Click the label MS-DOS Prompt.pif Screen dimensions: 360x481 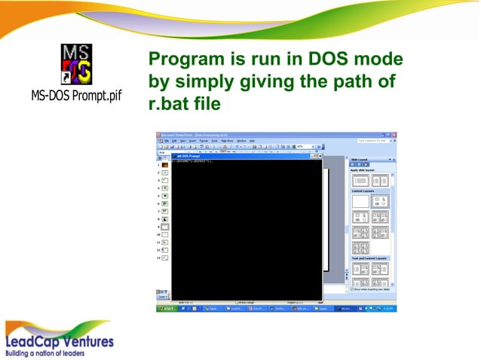pos(76,97)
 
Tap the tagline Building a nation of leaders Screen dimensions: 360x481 pos(45,352)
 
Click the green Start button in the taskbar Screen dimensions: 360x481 pos(165,308)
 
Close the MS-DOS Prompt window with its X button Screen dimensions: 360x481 pos(319,155)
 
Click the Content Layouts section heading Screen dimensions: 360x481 pos(365,190)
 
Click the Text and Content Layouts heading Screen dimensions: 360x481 pos(369,258)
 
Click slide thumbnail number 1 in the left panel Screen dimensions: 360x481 pos(164,164)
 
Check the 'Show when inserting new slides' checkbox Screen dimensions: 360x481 pos(352,288)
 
